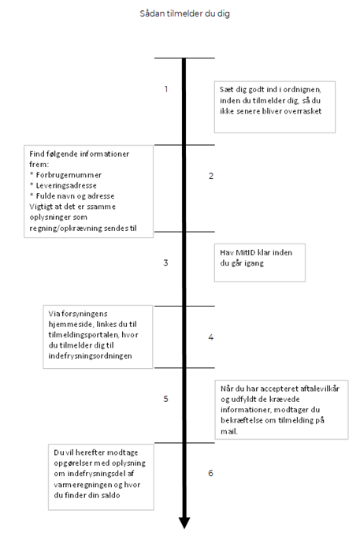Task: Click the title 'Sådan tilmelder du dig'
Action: click(185, 13)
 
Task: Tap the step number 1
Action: click(166, 89)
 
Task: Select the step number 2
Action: click(211, 176)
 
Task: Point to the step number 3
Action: click(165, 262)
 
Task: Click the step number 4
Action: click(211, 337)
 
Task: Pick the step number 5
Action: click(165, 399)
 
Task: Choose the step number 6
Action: click(211, 473)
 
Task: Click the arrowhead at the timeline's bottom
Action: click(184, 523)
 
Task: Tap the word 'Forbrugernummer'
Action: click(69, 175)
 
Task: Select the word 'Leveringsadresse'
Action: click(66, 185)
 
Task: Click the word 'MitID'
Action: click(246, 252)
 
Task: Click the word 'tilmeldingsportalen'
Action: click(84, 335)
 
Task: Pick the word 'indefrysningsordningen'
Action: click(90, 356)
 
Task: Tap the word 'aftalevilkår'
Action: click(320, 389)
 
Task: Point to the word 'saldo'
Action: click(110, 495)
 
